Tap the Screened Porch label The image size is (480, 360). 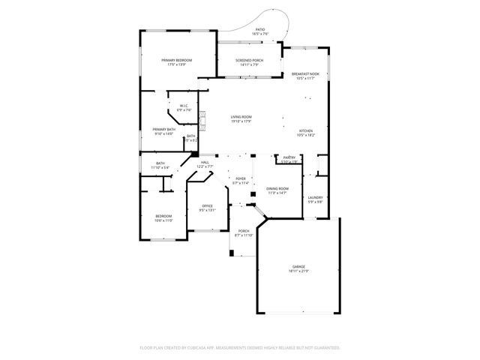249,60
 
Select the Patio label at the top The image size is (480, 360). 259,30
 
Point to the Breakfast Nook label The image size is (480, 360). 305,73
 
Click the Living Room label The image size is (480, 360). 241,117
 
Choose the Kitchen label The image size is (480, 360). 305,130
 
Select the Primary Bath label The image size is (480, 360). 163,130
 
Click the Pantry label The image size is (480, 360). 289,157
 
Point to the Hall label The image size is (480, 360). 205,162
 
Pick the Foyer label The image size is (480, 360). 240,178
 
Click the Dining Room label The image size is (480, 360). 277,189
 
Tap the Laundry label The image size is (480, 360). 315,197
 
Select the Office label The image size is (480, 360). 207,206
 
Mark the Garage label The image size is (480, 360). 298,266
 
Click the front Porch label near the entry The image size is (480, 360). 244,231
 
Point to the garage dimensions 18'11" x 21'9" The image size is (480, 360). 298,271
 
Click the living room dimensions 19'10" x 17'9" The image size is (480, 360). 241,121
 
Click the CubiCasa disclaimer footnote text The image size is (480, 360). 240,348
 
